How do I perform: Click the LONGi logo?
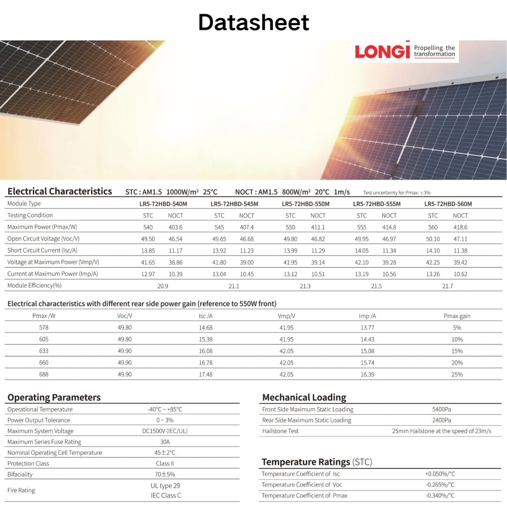pos(382,52)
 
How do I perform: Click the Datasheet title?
pos(253,22)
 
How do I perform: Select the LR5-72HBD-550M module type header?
pos(306,204)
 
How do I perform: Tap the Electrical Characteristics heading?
pos(60,192)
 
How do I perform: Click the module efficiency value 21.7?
pos(448,286)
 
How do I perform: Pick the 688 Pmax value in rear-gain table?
pos(44,374)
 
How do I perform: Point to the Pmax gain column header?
pos(457,316)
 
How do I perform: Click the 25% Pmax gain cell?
pos(457,374)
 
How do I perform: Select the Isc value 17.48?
pos(206,374)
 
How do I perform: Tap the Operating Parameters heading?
pos(54,397)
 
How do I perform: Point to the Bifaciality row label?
pos(21,475)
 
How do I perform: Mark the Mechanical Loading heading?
pos(304,397)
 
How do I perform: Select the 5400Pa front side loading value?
pos(442,409)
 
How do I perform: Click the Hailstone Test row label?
pos(280,431)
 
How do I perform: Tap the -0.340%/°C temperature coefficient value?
pos(440,495)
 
